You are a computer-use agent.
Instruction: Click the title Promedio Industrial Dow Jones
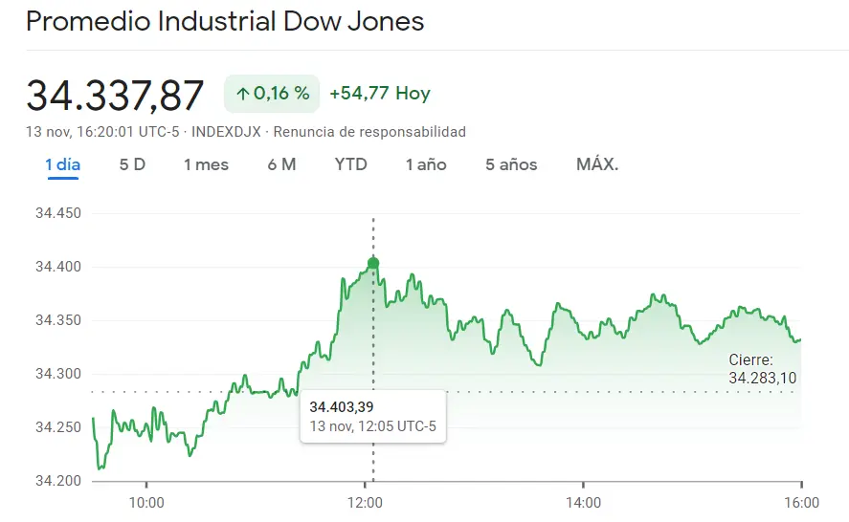[x=225, y=21]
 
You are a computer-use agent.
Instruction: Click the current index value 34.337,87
[x=115, y=96]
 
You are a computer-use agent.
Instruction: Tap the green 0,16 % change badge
[x=272, y=94]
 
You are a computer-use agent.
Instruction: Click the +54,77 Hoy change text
[x=379, y=94]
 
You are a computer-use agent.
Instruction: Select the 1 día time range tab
[x=63, y=164]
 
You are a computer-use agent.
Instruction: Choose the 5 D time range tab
[x=132, y=164]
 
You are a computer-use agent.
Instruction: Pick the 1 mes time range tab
[x=206, y=164]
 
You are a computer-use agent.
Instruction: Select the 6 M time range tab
[x=281, y=164]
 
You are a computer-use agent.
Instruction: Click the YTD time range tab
[x=350, y=164]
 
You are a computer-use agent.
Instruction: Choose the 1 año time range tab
[x=426, y=164]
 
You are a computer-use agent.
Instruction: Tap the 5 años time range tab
[x=511, y=164]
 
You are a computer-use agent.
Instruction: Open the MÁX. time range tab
[x=597, y=164]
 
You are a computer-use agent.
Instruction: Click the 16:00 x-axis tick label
[x=801, y=503]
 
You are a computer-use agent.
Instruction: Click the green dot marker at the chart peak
[x=373, y=264]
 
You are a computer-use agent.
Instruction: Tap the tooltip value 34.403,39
[x=341, y=406]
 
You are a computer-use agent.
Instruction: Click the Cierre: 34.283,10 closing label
[x=762, y=369]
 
